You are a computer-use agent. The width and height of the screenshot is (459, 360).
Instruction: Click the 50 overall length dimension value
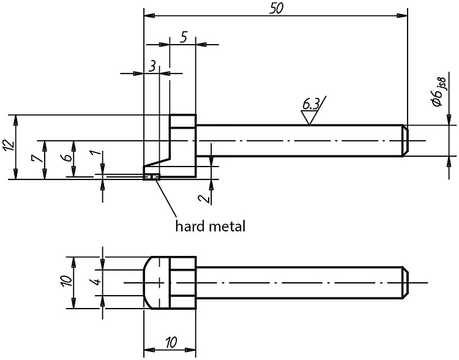[x=276, y=9]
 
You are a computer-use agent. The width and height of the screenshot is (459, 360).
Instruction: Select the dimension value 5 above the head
[x=184, y=37]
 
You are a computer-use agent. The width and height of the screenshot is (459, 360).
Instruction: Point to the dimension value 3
[x=152, y=66]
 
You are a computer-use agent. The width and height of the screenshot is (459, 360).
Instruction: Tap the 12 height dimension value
[x=9, y=145]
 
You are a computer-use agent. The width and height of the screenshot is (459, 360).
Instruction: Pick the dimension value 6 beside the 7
[x=67, y=157]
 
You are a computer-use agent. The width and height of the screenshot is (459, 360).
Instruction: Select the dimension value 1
[x=99, y=153]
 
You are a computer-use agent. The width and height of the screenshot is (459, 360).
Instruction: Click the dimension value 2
[x=204, y=198]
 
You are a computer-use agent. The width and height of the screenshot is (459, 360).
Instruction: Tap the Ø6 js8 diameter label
[x=439, y=92]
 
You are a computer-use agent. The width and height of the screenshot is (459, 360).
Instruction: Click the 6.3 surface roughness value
[x=310, y=105]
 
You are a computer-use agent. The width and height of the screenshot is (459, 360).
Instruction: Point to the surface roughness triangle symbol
[x=309, y=118]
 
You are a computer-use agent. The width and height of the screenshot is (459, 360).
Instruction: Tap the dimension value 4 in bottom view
[x=97, y=282]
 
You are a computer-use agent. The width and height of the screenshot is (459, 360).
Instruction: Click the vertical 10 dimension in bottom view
[x=67, y=281]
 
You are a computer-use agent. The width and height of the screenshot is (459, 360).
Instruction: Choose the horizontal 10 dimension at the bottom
[x=171, y=342]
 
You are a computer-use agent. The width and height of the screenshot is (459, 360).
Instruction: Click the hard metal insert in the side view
[x=152, y=176]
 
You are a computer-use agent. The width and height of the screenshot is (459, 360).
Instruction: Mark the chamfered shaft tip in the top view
[x=405, y=141]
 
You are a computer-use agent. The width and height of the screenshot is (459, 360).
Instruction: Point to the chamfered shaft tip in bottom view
[x=405, y=283]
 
